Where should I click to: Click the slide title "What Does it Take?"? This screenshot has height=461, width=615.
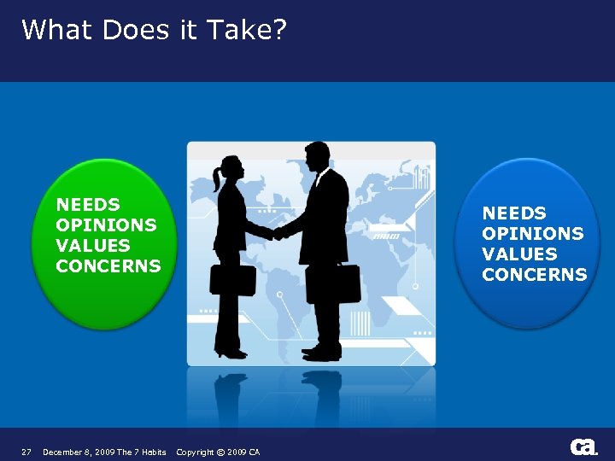[154, 30]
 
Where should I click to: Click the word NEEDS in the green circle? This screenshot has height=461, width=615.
[88, 205]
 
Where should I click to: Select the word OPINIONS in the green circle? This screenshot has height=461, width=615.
[106, 225]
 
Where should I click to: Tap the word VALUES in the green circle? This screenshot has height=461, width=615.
[92, 245]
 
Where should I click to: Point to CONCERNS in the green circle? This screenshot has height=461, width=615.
[108, 266]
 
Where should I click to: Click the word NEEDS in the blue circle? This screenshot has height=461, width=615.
[514, 213]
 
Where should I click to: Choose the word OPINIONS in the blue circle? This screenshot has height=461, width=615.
[532, 234]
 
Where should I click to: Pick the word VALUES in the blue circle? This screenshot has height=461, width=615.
[518, 254]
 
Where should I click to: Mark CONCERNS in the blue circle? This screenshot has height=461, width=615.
[534, 275]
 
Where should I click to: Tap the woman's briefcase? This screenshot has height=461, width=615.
[232, 280]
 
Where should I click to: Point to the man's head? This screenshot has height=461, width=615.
[317, 156]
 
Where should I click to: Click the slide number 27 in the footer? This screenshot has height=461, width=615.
[26, 452]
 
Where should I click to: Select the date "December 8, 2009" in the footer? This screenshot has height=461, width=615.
[79, 452]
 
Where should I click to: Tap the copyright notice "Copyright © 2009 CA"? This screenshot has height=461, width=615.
[218, 452]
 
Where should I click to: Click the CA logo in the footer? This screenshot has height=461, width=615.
[583, 447]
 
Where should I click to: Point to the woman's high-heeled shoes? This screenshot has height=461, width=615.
[230, 352]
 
